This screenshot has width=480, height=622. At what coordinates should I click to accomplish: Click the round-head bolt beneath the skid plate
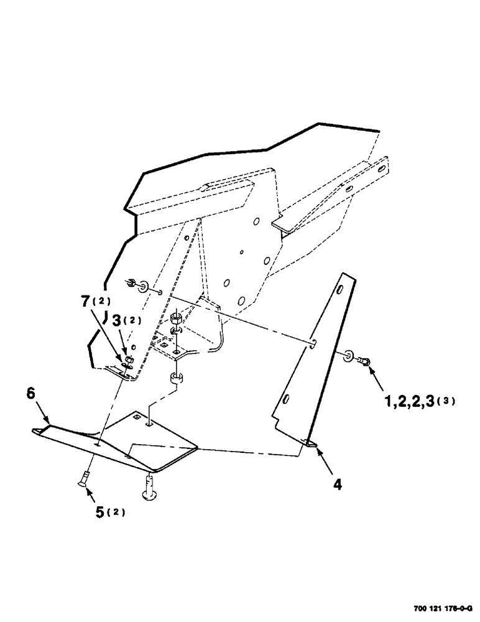(x=150, y=486)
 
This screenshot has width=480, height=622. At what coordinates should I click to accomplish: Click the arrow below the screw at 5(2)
(x=86, y=494)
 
